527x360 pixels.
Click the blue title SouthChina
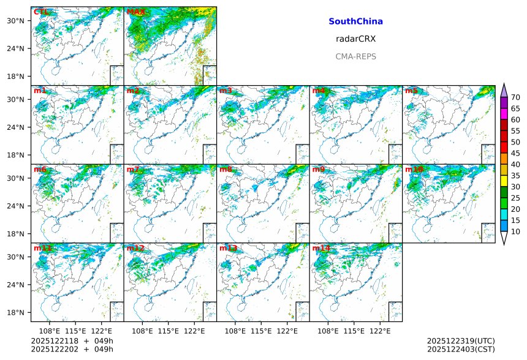point(355,21)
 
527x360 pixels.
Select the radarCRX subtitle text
point(355,39)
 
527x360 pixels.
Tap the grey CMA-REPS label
point(355,56)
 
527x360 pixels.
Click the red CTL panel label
point(41,12)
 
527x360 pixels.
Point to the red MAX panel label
point(135,12)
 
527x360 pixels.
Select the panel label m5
point(411,91)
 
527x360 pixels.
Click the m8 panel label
point(226,169)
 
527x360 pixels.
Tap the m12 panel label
point(135,248)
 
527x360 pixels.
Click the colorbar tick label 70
point(515,97)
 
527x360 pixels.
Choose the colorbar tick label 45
point(515,153)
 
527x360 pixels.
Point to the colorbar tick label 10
point(515,231)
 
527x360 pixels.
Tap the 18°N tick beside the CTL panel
point(20,76)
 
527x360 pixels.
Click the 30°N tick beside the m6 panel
point(20,178)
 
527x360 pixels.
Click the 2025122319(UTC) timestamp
point(461,340)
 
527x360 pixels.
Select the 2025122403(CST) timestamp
point(461,350)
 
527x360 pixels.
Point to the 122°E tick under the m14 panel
point(380,331)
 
